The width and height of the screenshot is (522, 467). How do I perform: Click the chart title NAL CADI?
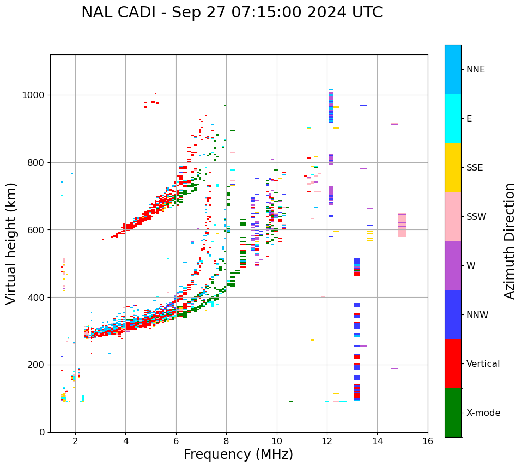232,13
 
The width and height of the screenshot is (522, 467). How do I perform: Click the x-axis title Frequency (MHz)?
238,454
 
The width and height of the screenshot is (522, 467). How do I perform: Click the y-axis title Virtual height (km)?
11,243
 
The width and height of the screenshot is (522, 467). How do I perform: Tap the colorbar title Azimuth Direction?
509,241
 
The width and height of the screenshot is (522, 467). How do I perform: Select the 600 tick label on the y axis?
37,230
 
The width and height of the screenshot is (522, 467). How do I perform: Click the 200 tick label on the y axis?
37,365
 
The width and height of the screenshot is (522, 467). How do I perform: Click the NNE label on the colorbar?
476,70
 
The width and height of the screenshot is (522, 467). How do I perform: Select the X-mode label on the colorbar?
483,413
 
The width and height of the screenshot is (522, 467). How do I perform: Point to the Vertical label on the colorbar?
483,364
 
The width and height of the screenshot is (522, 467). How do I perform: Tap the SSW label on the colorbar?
476,217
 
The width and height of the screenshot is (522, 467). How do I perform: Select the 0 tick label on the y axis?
43,432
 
